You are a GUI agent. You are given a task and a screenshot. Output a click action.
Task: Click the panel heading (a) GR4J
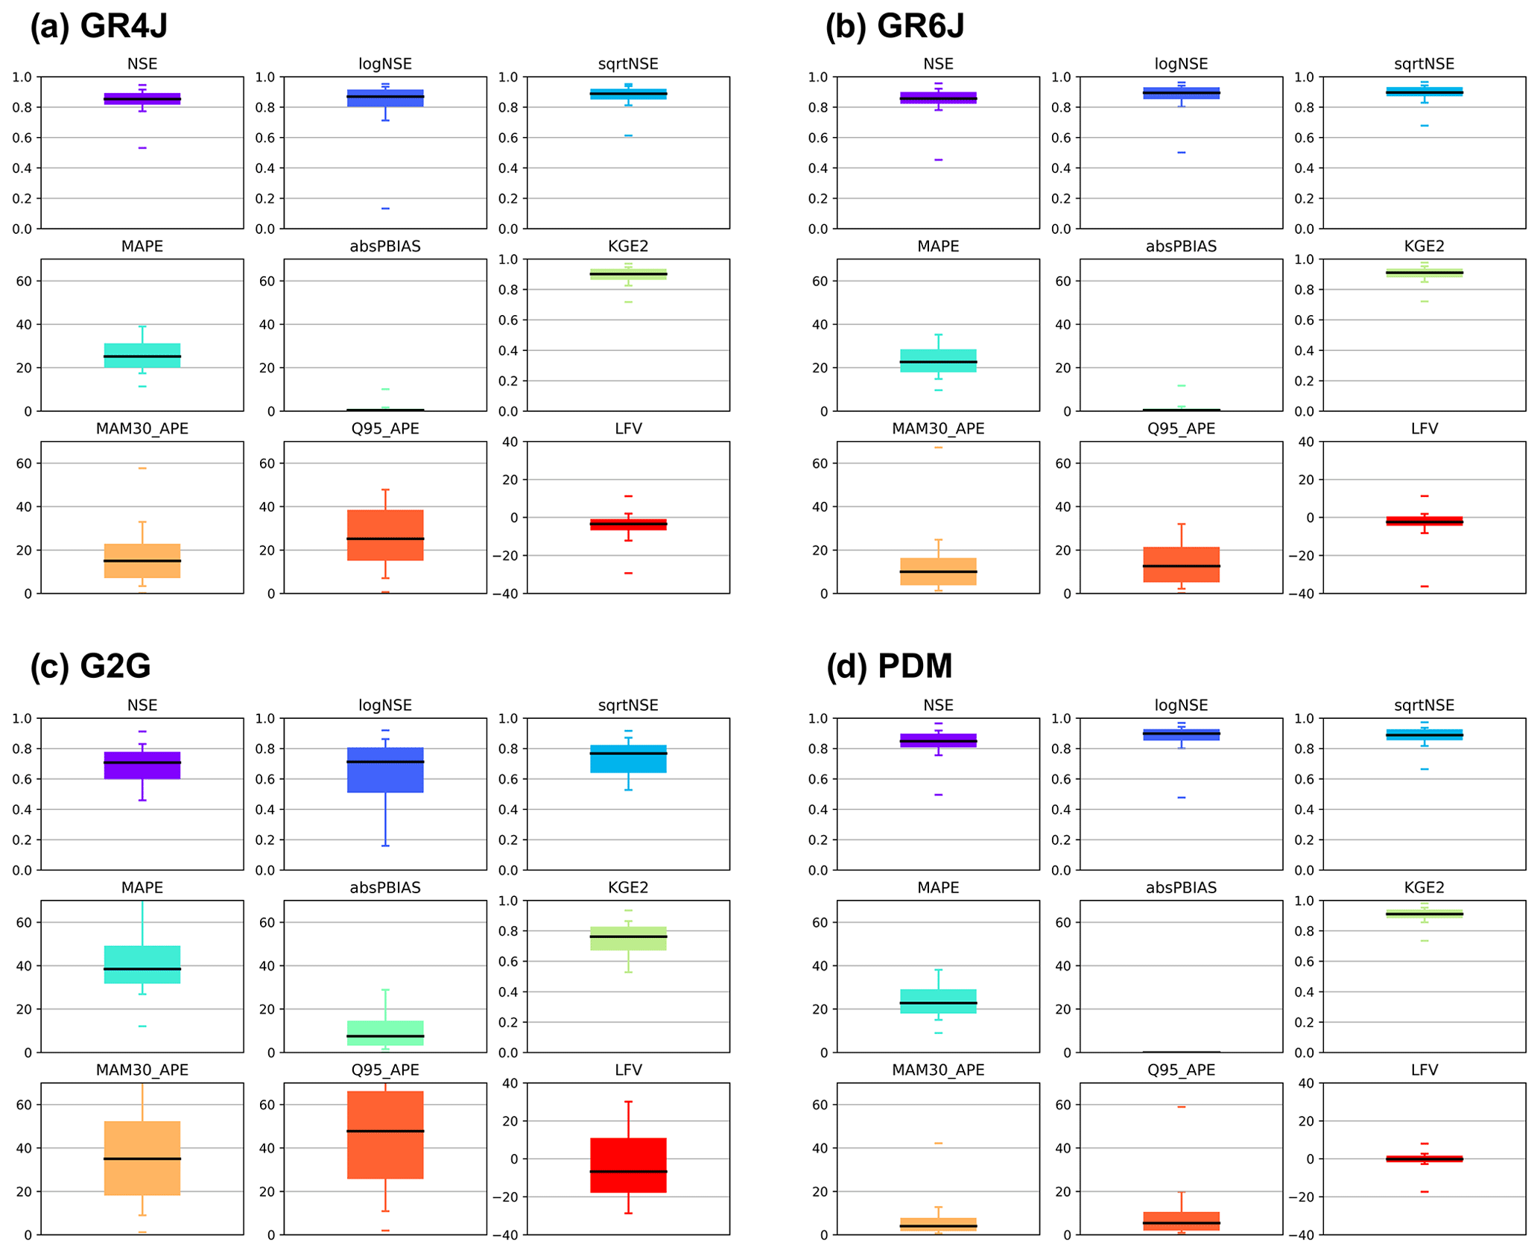pos(98,26)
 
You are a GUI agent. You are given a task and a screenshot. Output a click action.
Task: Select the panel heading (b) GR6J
pos(894,26)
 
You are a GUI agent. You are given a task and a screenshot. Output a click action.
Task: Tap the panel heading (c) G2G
pos(90,665)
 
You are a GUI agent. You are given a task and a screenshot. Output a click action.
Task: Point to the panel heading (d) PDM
pos(889,665)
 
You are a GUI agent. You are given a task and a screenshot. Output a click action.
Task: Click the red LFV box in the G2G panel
pos(627,1164)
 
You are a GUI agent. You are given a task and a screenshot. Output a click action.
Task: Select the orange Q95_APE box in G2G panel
pos(385,1134)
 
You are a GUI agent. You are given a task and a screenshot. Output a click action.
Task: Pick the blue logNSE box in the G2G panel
pos(385,769)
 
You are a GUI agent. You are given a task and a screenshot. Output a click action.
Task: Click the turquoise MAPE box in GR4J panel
pos(142,355)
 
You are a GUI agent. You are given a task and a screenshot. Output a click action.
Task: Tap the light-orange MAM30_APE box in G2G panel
pos(142,1158)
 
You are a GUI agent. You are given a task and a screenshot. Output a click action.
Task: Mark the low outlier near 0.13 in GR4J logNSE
pos(385,209)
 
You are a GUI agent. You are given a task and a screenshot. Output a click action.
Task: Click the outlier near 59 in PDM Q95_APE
pos(1181,1106)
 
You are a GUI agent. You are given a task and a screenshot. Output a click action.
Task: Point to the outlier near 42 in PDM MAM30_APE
pos(938,1143)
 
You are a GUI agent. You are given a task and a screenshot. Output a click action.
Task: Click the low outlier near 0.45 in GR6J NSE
pos(938,159)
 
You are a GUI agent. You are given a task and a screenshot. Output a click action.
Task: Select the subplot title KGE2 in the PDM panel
pos(1423,887)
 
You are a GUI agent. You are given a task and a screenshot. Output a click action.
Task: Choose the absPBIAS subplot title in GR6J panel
pos(1181,247)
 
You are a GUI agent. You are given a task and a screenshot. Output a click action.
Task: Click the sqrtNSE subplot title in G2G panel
pos(627,705)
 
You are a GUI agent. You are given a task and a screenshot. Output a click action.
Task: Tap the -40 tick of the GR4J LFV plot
pos(509,594)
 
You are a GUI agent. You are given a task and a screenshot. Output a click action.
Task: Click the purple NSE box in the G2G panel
pos(142,765)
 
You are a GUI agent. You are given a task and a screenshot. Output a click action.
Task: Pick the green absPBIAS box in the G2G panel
pos(385,1032)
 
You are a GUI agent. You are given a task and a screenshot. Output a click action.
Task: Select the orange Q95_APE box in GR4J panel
pos(385,535)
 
